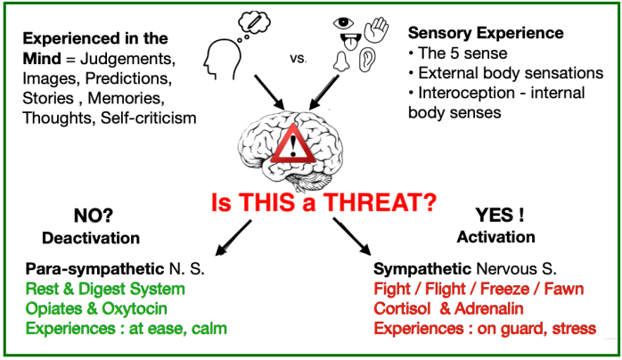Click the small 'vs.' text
point(298,59)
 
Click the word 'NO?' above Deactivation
point(89,217)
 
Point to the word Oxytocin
point(154,308)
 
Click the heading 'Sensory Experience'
point(485,33)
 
